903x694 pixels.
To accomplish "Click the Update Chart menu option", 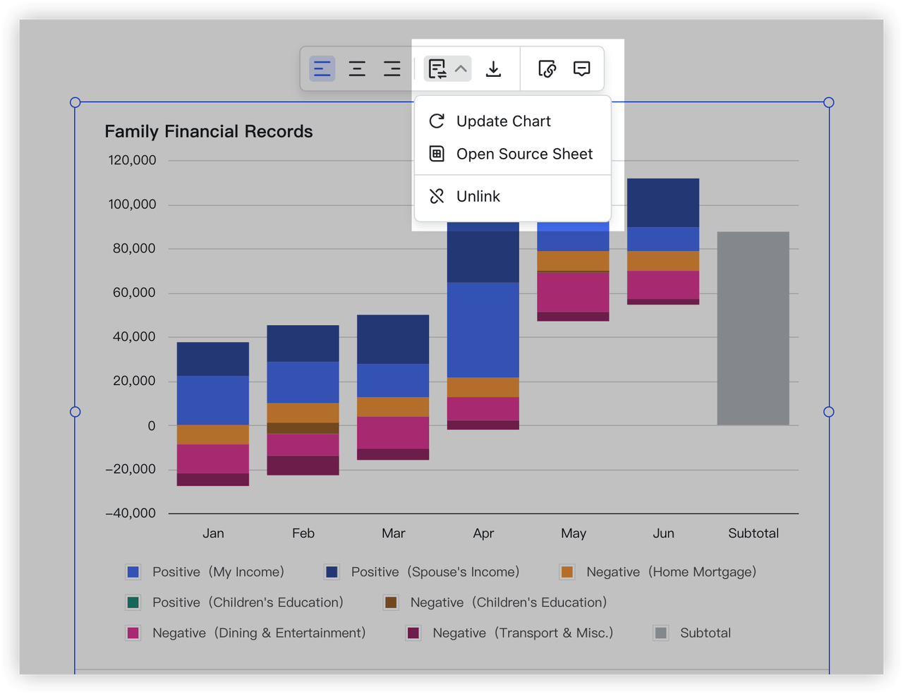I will point(503,121).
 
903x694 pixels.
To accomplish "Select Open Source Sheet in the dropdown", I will point(523,154).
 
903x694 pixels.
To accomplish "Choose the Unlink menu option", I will point(478,196).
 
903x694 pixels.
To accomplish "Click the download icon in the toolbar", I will point(494,69).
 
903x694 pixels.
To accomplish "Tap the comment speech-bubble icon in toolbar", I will point(581,69).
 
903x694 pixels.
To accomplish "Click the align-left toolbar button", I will point(322,69).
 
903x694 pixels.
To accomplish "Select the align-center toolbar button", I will point(357,69).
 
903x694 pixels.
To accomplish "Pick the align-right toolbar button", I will point(392,69).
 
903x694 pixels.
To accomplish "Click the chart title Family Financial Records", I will point(209,132).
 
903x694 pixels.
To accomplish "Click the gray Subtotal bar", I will point(753,328).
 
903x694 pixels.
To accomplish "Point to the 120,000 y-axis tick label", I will point(132,160).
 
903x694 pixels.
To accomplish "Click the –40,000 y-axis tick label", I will point(131,513).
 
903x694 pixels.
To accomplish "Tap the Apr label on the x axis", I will point(483,533).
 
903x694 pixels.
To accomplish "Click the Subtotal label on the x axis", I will point(753,533).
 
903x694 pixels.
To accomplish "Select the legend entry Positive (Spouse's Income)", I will point(435,572).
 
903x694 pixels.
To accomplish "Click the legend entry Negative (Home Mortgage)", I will point(670,572).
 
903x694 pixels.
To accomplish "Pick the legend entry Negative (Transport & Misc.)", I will point(522,633).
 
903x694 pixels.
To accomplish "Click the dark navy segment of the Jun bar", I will point(663,202).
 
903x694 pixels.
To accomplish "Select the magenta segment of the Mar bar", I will point(393,432).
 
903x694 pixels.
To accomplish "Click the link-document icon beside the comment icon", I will point(547,69).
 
